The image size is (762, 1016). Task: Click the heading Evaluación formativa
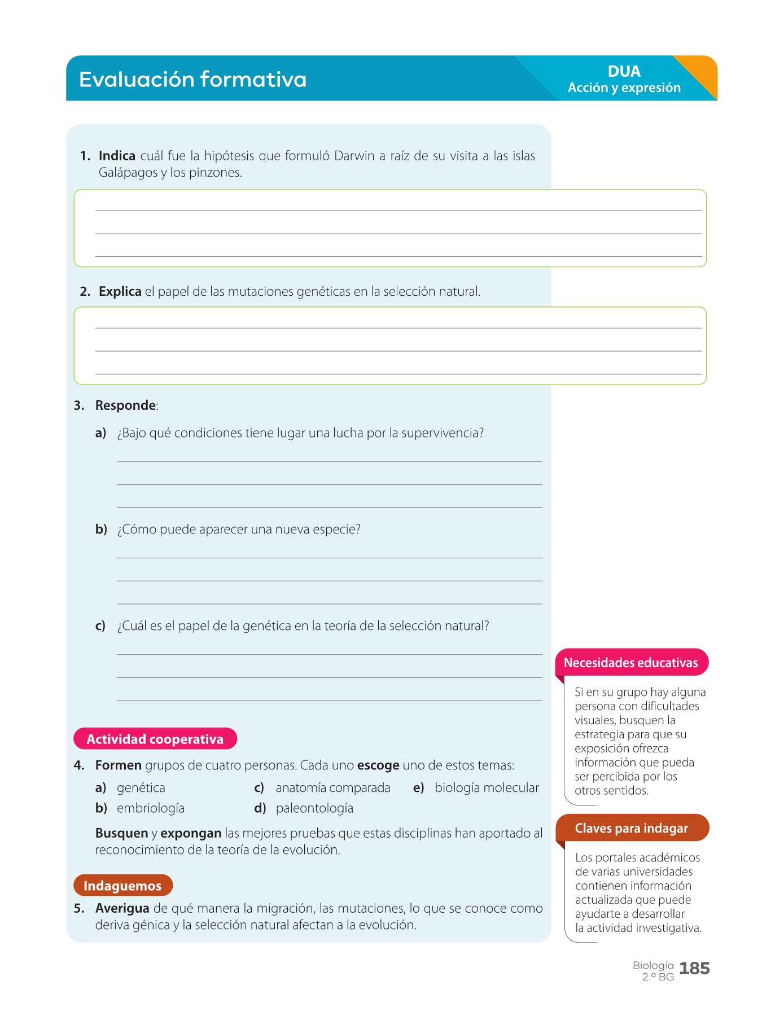click(x=192, y=79)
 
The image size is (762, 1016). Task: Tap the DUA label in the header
click(x=624, y=72)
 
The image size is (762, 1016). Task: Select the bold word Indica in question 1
click(x=117, y=156)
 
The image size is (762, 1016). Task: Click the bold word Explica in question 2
click(x=120, y=291)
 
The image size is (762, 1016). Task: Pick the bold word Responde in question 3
click(x=126, y=405)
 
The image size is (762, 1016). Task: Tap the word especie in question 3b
click(x=338, y=529)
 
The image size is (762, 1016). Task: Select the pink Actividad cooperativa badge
click(x=155, y=739)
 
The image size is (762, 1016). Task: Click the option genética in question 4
click(x=141, y=788)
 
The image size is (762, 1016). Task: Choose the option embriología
click(x=151, y=808)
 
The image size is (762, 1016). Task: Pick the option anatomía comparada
click(x=333, y=788)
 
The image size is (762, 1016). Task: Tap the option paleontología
click(x=314, y=808)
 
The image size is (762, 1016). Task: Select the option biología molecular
click(x=487, y=788)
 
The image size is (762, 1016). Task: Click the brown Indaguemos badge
click(x=122, y=886)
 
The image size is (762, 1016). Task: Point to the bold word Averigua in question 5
click(x=122, y=908)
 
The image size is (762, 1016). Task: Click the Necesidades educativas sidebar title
click(x=631, y=663)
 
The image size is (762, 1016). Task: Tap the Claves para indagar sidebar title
click(x=631, y=828)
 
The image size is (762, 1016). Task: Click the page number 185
click(x=694, y=969)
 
